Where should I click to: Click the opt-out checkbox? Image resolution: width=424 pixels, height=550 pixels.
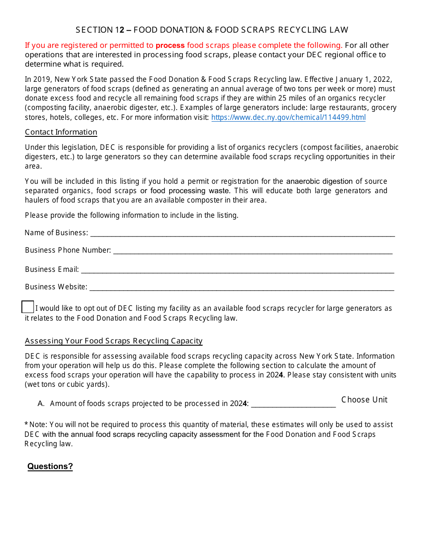28,307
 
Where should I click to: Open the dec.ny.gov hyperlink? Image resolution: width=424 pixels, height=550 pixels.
288,118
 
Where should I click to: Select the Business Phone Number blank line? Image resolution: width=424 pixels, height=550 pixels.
253,250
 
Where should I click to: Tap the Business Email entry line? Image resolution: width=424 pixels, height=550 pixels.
237,270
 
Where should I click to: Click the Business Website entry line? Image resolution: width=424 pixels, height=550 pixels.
241,287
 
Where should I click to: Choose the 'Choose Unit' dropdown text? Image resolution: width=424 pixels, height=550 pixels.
364,400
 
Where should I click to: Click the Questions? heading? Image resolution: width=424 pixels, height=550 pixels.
50,466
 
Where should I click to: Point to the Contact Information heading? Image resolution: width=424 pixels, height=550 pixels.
61,132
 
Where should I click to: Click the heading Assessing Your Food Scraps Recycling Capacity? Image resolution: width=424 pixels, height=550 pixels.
114,341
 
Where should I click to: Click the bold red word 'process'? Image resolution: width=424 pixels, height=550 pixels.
170,45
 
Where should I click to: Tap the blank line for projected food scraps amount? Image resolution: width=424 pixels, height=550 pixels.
293,404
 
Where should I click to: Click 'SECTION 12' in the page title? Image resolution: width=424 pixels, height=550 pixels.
100,30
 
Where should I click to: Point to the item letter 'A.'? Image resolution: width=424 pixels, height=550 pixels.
41,404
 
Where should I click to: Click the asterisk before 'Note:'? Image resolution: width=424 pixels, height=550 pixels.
26,424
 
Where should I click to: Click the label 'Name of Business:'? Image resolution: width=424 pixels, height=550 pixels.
56,233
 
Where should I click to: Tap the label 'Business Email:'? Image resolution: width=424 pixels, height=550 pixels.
52,270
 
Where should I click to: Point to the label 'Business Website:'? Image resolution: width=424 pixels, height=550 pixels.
56,287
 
